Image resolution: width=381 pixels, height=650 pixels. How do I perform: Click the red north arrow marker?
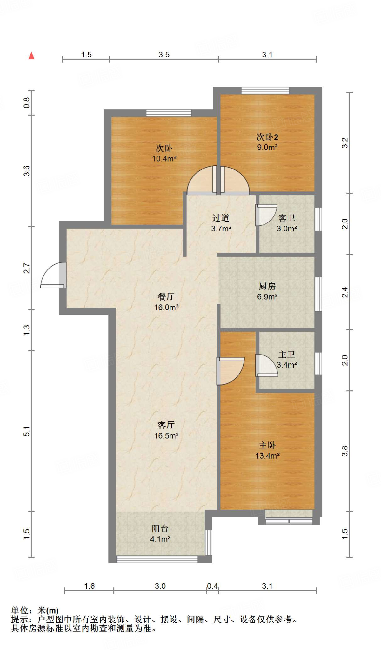click(31, 56)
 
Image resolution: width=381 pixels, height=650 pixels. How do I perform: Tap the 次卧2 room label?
click(267, 137)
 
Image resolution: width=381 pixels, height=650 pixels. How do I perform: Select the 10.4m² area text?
click(164, 158)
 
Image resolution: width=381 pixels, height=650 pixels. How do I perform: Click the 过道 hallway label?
click(221, 218)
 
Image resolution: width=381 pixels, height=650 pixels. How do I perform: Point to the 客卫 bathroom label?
click(287, 218)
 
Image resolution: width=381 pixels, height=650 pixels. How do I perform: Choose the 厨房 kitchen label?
click(267, 286)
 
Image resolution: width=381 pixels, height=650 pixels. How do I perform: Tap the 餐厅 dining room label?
click(166, 297)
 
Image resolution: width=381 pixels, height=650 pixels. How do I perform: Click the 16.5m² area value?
click(166, 436)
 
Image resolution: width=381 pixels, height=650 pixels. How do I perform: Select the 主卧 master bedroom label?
click(267, 445)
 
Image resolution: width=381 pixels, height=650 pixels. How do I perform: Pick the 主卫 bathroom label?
click(287, 355)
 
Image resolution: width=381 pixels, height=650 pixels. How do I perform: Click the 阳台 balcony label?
click(160, 528)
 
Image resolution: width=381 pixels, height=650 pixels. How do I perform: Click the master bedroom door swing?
click(231, 371)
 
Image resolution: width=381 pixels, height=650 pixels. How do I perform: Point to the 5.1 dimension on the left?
click(26, 431)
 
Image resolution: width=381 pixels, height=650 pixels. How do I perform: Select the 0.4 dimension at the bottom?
click(212, 586)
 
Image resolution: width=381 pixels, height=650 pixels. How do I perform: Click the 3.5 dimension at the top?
click(164, 55)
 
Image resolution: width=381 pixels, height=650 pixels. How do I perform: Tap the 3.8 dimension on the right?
click(345, 451)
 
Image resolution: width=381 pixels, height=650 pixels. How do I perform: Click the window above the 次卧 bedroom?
click(169, 113)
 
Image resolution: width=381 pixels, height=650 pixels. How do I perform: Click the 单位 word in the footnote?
click(20, 610)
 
